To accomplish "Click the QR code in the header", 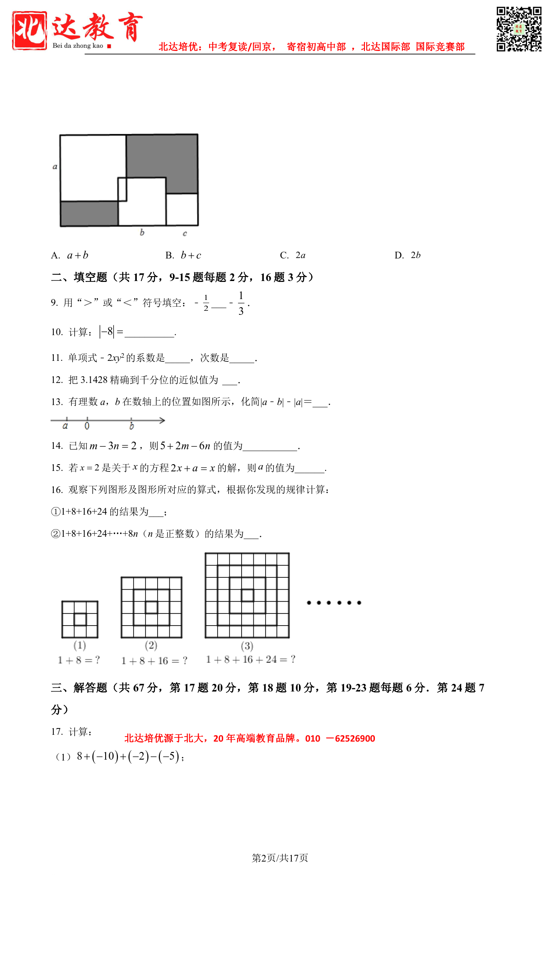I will (519, 29).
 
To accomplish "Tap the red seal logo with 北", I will (29, 30).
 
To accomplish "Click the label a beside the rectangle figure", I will (55, 166).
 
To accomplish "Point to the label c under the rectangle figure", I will (185, 233).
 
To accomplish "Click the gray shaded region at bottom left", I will (89, 213).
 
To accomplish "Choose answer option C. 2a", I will (293, 255).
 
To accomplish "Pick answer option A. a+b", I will (70, 255).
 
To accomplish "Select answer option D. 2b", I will (408, 255).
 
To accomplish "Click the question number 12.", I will (56, 380).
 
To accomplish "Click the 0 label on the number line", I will (87, 426).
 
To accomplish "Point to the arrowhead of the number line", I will (162, 420).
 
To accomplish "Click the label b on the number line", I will (131, 426).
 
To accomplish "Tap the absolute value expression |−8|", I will (107, 332).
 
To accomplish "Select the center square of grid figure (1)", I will (80, 619).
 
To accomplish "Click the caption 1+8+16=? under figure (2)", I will (154, 661).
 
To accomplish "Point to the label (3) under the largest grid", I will (247, 646).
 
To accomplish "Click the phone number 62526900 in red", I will (355, 738).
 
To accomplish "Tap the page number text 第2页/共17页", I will (280, 858).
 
